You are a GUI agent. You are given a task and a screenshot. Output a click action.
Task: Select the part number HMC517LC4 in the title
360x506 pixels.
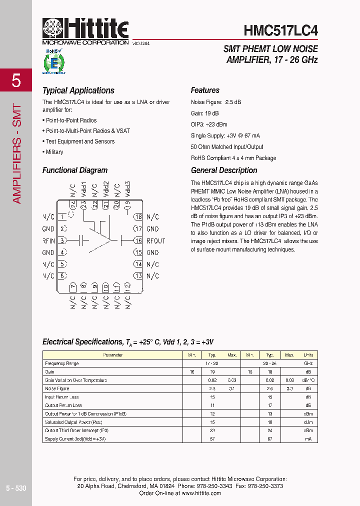click(x=280, y=30)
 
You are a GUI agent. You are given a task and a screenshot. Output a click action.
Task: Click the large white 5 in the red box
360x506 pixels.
click(x=16, y=80)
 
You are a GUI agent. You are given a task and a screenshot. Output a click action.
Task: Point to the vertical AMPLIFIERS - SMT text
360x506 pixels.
click(x=16, y=153)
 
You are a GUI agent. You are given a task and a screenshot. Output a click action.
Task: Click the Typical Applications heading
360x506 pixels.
click(x=78, y=90)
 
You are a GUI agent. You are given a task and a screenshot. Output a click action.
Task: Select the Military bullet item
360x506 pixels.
click(x=54, y=152)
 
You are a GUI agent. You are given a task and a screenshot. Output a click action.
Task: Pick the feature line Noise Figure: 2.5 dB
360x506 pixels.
click(x=215, y=102)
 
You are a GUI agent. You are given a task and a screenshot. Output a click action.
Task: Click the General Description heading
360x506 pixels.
click(x=224, y=170)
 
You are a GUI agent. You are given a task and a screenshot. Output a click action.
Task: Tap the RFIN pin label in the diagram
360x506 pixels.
click(x=48, y=241)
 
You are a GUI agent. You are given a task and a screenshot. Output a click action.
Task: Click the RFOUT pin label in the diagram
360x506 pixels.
click(x=155, y=241)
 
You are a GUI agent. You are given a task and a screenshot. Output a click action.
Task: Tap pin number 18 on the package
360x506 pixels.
click(x=138, y=217)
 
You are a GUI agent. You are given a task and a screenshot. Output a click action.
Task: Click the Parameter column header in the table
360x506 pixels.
click(x=112, y=355)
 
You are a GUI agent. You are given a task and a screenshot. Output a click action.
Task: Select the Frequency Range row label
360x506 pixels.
click(x=61, y=363)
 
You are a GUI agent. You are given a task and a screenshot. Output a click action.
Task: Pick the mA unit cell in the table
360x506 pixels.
click(x=308, y=438)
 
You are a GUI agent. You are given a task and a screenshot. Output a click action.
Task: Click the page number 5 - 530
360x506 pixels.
click(x=16, y=488)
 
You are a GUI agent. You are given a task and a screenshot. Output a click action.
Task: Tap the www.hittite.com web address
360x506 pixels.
click(x=201, y=493)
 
